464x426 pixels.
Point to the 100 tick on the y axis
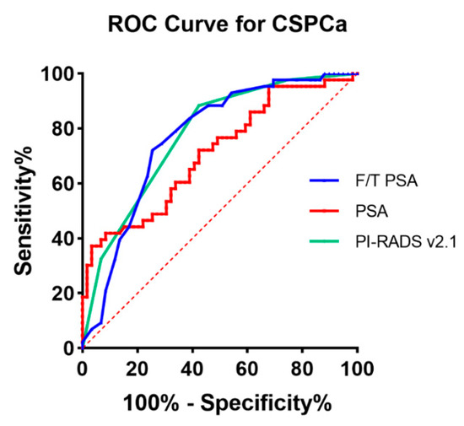pos(58,74)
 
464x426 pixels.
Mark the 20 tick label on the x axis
pos(137,368)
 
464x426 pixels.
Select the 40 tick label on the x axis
pos(192,368)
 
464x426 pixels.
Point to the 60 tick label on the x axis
pos(247,368)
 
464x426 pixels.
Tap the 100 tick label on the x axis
pos(358,368)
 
